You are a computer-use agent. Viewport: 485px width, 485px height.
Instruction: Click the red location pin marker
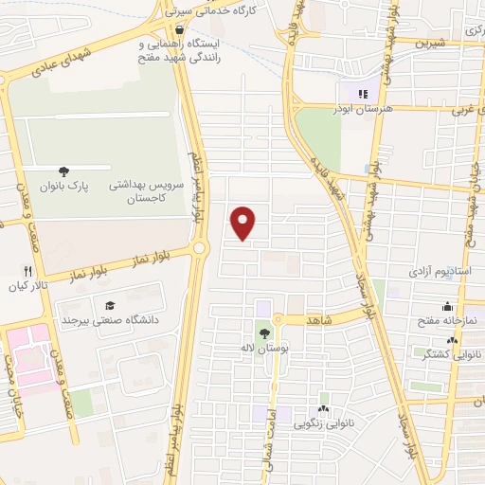pyautogui.click(x=244, y=223)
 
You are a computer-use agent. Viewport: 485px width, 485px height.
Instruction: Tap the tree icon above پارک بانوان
pyautogui.click(x=63, y=171)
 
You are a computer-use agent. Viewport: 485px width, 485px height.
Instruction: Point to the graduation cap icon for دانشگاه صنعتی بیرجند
pyautogui.click(x=110, y=305)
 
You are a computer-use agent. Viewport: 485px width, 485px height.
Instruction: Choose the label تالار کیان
pyautogui.click(x=28, y=285)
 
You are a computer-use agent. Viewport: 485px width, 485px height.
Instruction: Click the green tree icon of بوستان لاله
pyautogui.click(x=263, y=332)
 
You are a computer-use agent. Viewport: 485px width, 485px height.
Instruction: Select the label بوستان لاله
pyautogui.click(x=263, y=349)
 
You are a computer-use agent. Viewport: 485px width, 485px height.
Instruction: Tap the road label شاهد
pyautogui.click(x=319, y=321)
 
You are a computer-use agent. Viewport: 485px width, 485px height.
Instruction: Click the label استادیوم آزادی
pyautogui.click(x=440, y=271)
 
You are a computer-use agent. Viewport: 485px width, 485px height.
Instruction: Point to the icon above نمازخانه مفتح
pyautogui.click(x=447, y=306)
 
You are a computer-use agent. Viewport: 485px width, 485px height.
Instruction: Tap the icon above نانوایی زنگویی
pyautogui.click(x=325, y=409)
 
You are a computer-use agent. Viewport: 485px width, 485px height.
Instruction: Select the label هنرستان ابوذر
pyautogui.click(x=362, y=108)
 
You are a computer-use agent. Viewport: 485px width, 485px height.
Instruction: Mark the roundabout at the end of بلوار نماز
pyautogui.click(x=200, y=248)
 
